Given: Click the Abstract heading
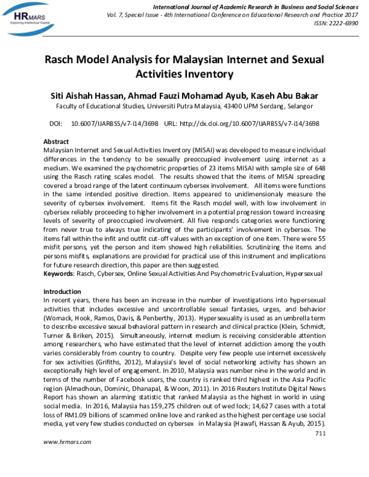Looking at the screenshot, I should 57,141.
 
